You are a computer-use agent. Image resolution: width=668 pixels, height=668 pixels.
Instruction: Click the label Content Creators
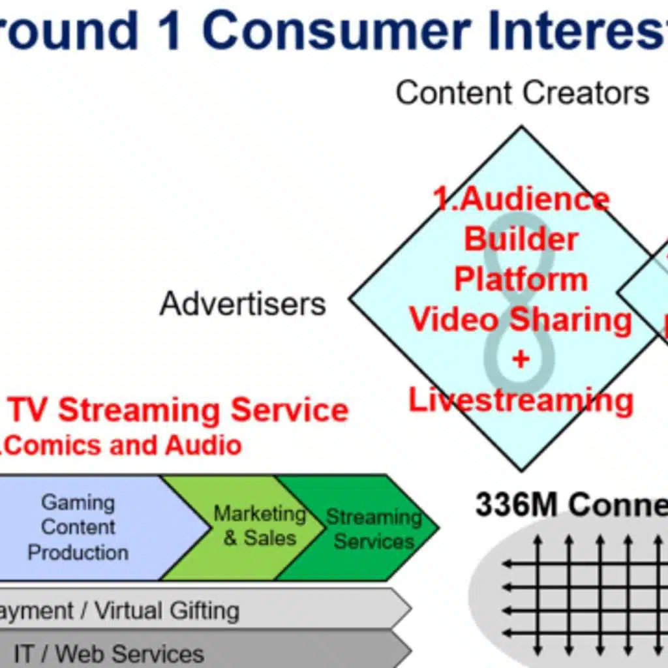point(523,93)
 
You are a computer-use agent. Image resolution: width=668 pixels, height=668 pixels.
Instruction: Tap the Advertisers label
point(243,304)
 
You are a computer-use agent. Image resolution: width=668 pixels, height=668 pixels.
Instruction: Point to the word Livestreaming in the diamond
point(521,399)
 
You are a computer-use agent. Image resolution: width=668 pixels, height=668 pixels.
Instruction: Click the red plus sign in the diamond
point(521,359)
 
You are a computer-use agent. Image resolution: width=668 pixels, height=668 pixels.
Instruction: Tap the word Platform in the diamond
point(521,279)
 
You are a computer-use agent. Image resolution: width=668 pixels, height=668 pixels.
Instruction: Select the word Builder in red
point(521,239)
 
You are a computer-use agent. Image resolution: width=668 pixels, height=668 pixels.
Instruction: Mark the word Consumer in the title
point(336,31)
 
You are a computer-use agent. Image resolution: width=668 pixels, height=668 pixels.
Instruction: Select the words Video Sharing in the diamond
point(521,320)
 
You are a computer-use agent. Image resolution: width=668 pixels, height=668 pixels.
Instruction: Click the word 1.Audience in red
point(522,199)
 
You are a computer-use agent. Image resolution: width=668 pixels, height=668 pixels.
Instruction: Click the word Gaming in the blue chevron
point(78,502)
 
